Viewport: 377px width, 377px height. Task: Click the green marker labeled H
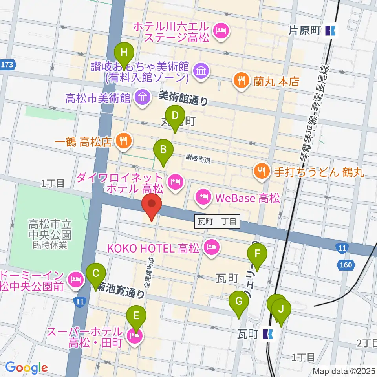[124, 53]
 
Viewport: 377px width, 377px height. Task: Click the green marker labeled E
[136, 315]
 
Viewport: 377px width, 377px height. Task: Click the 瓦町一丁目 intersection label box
[217, 222]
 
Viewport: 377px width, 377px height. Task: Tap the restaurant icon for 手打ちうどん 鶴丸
[261, 171]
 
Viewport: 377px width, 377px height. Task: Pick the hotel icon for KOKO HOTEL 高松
[212, 247]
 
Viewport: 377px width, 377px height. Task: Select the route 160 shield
[346, 265]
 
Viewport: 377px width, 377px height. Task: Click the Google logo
[27, 368]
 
